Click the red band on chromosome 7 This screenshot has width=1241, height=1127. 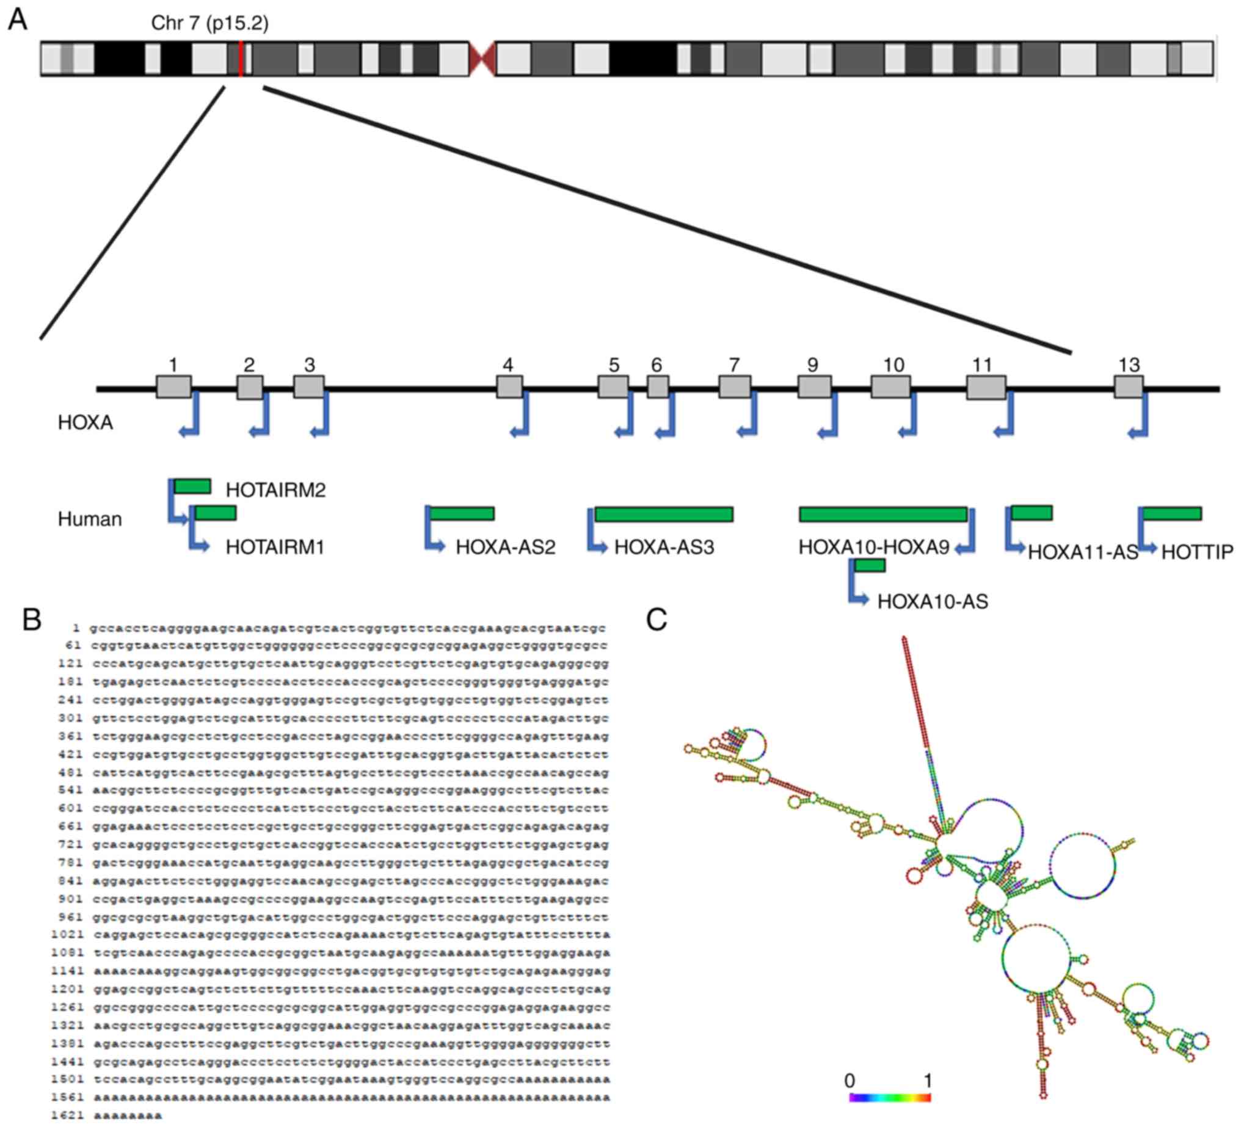241,59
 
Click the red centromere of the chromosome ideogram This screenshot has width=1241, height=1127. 482,59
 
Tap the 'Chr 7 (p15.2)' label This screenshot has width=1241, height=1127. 210,23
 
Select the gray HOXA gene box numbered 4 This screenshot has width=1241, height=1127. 510,386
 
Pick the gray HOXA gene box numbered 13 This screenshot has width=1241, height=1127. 1129,386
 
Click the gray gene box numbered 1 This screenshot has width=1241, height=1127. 173,386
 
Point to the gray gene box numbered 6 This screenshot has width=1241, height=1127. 657,386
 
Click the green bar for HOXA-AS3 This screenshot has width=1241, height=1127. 664,514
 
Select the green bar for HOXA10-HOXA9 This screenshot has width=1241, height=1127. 883,514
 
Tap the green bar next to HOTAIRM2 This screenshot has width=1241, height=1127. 192,486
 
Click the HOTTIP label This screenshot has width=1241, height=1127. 1196,552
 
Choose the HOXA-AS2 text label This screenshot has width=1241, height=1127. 506,547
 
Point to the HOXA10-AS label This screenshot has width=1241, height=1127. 932,601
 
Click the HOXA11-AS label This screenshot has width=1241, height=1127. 1082,552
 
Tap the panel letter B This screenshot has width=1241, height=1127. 32,620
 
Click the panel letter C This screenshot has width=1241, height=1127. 656,620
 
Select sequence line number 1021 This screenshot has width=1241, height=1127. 68,934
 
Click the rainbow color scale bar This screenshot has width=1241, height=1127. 889,1098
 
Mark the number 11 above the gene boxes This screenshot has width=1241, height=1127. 982,365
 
